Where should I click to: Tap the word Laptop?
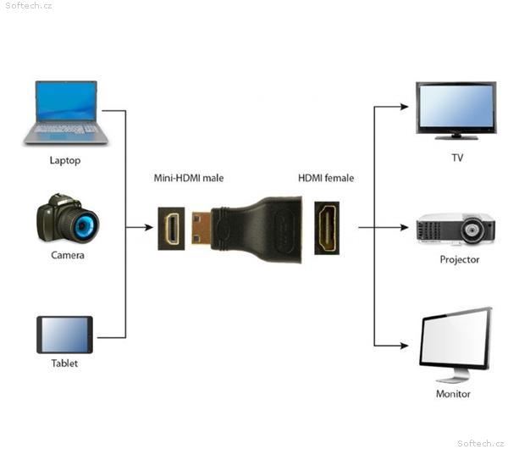click(x=65, y=160)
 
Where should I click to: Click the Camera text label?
click(x=68, y=254)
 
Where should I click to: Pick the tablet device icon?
click(x=64, y=335)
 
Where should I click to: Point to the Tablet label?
click(x=64, y=363)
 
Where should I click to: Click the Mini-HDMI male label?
click(x=189, y=178)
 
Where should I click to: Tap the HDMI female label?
click(x=326, y=178)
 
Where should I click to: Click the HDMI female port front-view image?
click(x=327, y=228)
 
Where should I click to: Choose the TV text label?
click(x=457, y=158)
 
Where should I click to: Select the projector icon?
click(x=456, y=229)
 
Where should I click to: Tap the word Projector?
click(x=460, y=259)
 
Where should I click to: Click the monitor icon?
click(x=456, y=342)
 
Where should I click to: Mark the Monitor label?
click(x=453, y=393)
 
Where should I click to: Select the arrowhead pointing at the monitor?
click(x=408, y=346)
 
